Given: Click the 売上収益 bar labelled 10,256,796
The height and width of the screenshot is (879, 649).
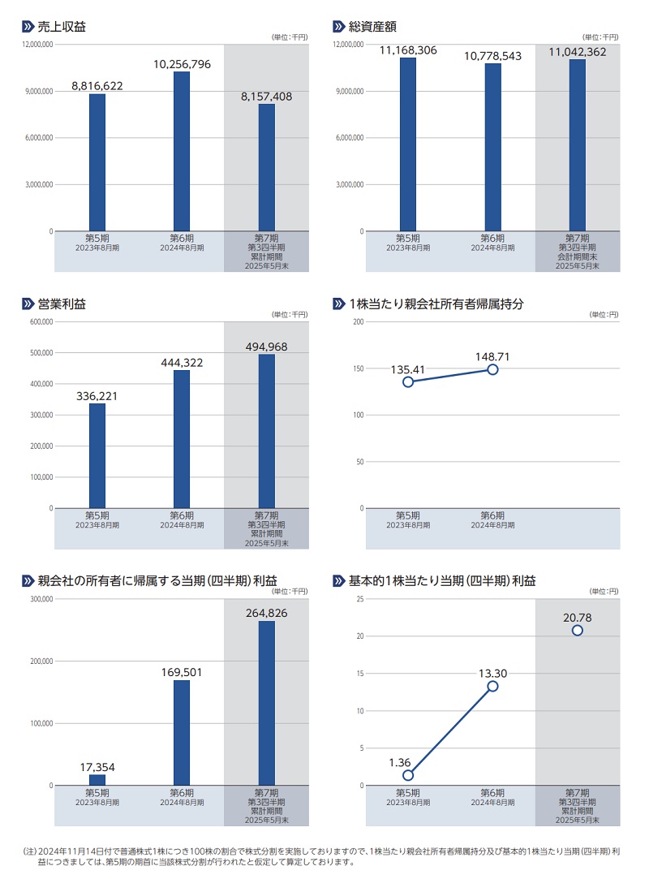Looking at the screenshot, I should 182,151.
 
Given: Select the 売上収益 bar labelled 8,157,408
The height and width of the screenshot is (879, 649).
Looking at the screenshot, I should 267,167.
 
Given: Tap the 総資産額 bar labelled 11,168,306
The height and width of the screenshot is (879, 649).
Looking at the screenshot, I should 408,144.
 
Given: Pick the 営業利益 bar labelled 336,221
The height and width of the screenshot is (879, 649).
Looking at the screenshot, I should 97,456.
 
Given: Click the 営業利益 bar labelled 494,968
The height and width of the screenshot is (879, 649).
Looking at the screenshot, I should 267,431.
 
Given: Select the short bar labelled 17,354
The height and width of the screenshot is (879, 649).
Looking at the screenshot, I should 97,780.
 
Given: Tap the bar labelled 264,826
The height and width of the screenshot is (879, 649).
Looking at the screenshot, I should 267,703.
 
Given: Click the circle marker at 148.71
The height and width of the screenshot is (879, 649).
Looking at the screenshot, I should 492,369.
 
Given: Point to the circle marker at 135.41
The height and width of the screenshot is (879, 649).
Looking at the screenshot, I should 408,381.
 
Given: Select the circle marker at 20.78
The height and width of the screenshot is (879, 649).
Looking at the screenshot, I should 577,631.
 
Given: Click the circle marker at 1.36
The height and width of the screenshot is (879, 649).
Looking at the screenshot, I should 408,775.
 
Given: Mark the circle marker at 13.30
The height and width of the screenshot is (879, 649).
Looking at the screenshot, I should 492,686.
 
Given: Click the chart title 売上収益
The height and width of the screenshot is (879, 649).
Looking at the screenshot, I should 62,27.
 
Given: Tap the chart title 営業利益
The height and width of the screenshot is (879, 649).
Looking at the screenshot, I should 62,304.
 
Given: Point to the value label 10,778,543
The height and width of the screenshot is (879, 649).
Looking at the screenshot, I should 493,56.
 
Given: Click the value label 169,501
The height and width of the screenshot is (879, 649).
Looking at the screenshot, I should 182,672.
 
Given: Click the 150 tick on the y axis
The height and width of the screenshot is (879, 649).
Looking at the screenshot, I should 357,368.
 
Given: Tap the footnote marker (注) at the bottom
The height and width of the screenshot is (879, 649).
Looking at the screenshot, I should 30,851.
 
